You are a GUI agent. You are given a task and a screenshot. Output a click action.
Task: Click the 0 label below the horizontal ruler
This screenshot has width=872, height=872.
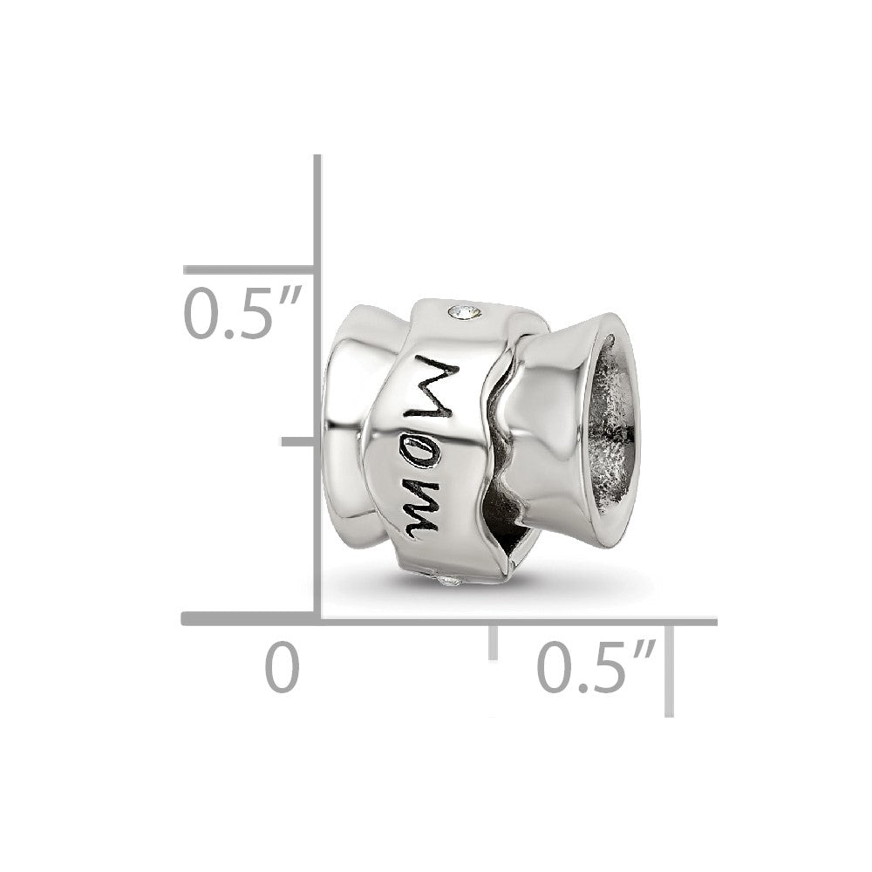pyautogui.click(x=282, y=667)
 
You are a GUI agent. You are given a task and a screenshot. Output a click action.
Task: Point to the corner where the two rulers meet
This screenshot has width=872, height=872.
pyautogui.click(x=318, y=620)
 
